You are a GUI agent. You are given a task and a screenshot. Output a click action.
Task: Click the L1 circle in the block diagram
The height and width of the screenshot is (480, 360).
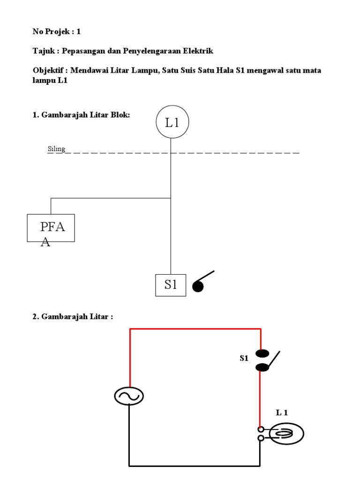pos(172,122)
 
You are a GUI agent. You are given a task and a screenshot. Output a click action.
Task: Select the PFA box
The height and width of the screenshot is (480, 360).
pos(51,228)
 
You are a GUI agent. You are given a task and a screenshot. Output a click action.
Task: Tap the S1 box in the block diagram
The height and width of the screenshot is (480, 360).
pos(171,285)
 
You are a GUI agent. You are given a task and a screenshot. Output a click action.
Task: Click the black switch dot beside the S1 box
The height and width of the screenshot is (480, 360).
pos(198,286)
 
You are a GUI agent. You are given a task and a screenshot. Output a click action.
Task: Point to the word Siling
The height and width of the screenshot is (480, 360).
pos(56,149)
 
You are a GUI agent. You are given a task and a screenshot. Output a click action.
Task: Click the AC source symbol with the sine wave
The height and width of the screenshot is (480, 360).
pos(129,397)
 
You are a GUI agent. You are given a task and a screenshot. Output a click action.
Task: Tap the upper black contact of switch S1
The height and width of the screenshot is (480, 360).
pos(261,353)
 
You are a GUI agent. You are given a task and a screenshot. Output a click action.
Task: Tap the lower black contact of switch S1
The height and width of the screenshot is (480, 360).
pos(261,367)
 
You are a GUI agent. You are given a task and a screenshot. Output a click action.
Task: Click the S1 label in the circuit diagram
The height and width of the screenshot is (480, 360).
pos(244,359)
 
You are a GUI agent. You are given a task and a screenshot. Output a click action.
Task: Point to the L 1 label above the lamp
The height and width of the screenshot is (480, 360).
pos(282,412)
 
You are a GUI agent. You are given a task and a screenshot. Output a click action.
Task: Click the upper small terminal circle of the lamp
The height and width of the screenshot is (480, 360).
pos(261,429)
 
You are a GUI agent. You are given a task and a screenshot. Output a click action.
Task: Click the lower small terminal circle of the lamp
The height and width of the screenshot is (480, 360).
pos(261,438)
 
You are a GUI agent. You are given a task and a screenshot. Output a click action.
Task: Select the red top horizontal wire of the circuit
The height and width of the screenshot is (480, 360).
pos(195,329)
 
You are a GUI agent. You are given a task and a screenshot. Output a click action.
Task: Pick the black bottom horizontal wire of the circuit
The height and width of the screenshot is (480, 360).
pos(195,466)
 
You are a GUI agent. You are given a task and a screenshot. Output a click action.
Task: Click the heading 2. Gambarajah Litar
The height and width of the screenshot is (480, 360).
pos(73,316)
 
